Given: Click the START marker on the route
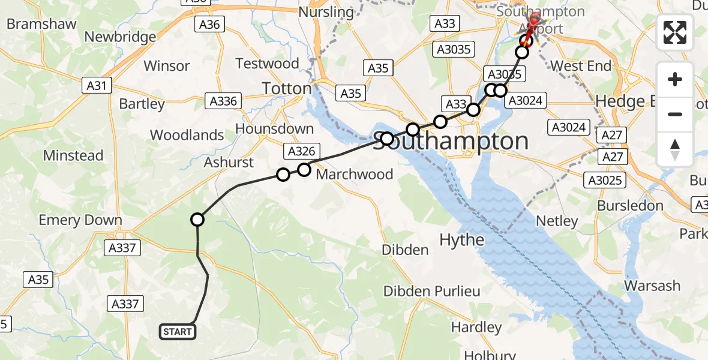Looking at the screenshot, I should pyautogui.click(x=178, y=332).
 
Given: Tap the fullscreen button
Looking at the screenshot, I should pyautogui.click(x=675, y=32).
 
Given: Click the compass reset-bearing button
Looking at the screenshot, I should pyautogui.click(x=675, y=149).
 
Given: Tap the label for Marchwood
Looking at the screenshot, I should pyautogui.click(x=355, y=175).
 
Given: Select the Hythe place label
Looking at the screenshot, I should pyautogui.click(x=461, y=240).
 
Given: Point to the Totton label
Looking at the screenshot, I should pyautogui.click(x=287, y=89).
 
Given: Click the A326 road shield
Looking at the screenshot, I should pyautogui.click(x=301, y=151).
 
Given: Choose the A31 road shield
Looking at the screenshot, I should pyautogui.click(x=97, y=86).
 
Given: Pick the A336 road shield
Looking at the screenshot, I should pyautogui.click(x=223, y=101).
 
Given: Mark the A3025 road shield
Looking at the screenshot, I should pyautogui.click(x=606, y=180).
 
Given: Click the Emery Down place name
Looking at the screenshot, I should pyautogui.click(x=80, y=220).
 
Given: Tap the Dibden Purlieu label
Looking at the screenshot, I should pyautogui.click(x=432, y=292).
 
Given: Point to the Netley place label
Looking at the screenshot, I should pyautogui.click(x=556, y=221).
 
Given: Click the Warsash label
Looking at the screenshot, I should pyautogui.click(x=652, y=286).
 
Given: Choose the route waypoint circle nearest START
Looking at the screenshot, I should pyautogui.click(x=197, y=220).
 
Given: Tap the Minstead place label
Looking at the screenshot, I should pyautogui.click(x=73, y=155).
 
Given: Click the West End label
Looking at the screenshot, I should pyautogui.click(x=580, y=65).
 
